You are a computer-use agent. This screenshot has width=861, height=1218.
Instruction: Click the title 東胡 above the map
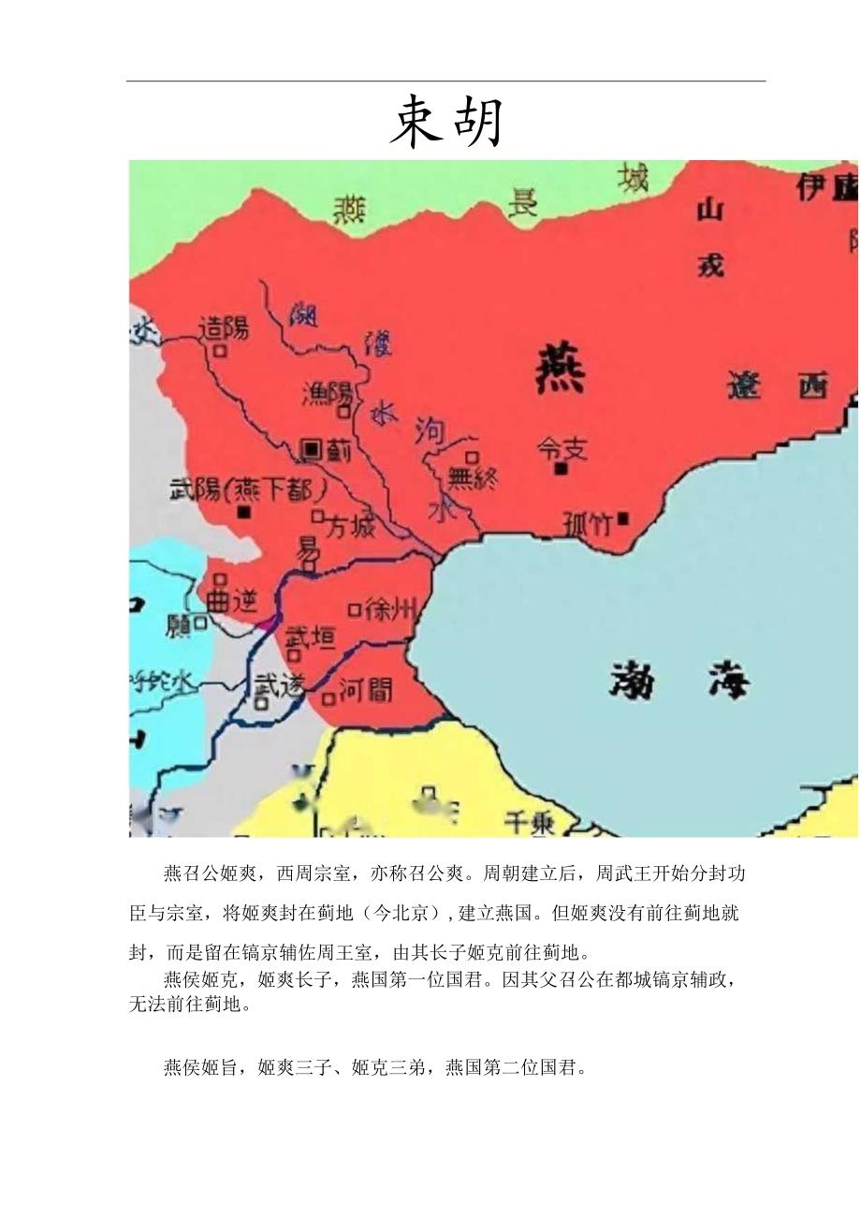(446, 123)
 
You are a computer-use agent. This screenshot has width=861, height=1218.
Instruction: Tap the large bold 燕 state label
(560, 370)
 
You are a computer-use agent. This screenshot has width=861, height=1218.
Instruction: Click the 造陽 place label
(224, 328)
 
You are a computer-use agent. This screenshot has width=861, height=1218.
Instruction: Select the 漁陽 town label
(326, 393)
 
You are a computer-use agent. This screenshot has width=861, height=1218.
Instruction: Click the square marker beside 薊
(310, 450)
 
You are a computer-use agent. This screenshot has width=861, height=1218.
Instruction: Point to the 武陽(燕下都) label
(247, 490)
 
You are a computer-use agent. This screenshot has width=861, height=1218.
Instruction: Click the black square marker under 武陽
(244, 513)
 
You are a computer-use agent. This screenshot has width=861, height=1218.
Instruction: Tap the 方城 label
(349, 527)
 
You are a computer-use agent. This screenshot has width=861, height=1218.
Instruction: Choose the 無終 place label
(472, 478)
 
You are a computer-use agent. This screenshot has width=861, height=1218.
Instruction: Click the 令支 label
(562, 449)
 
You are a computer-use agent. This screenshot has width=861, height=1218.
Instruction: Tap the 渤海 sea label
(680, 680)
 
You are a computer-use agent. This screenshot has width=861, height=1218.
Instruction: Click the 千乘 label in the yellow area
(529, 823)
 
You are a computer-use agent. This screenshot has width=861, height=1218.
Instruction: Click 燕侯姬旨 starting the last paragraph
(205, 1067)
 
